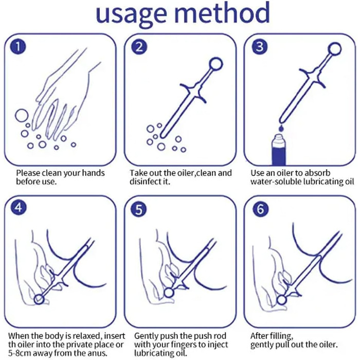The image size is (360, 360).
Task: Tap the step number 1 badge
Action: click(x=18, y=47)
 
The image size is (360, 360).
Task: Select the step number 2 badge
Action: click(x=139, y=47)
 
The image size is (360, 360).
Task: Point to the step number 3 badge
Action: click(x=260, y=47)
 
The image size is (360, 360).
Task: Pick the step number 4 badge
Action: click(x=19, y=208)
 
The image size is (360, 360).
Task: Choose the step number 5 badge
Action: click(x=139, y=209)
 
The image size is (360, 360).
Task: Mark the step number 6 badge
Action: click(x=260, y=209)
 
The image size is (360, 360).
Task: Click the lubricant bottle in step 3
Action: click(x=279, y=150)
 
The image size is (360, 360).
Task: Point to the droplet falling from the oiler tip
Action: click(x=281, y=128)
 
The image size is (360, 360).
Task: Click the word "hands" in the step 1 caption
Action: click(x=93, y=173)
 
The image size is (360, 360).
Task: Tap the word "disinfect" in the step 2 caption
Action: click(x=146, y=182)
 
